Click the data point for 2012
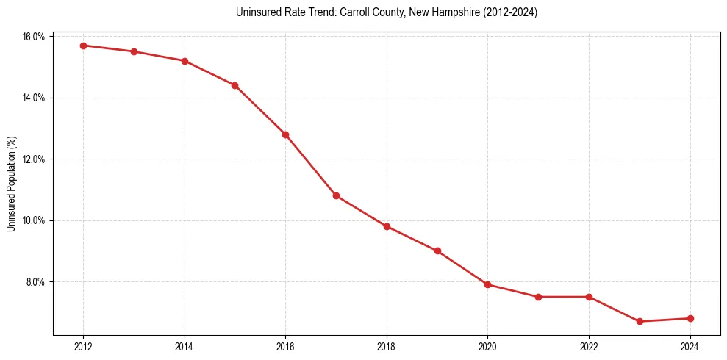tap(83, 46)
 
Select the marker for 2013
tap(134, 51)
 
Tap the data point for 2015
tap(234, 85)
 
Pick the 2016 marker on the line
tap(285, 134)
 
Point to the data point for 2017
tap(336, 195)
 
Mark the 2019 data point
tap(437, 251)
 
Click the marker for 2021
tap(538, 297)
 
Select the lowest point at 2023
tap(640, 321)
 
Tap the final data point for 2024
tap(690, 318)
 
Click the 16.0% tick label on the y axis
tap(34, 37)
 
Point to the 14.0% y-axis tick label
tap(34, 98)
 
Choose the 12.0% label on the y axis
tap(34, 159)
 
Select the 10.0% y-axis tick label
tap(34, 220)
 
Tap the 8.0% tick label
tap(36, 282)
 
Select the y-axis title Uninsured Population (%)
tap(11, 184)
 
